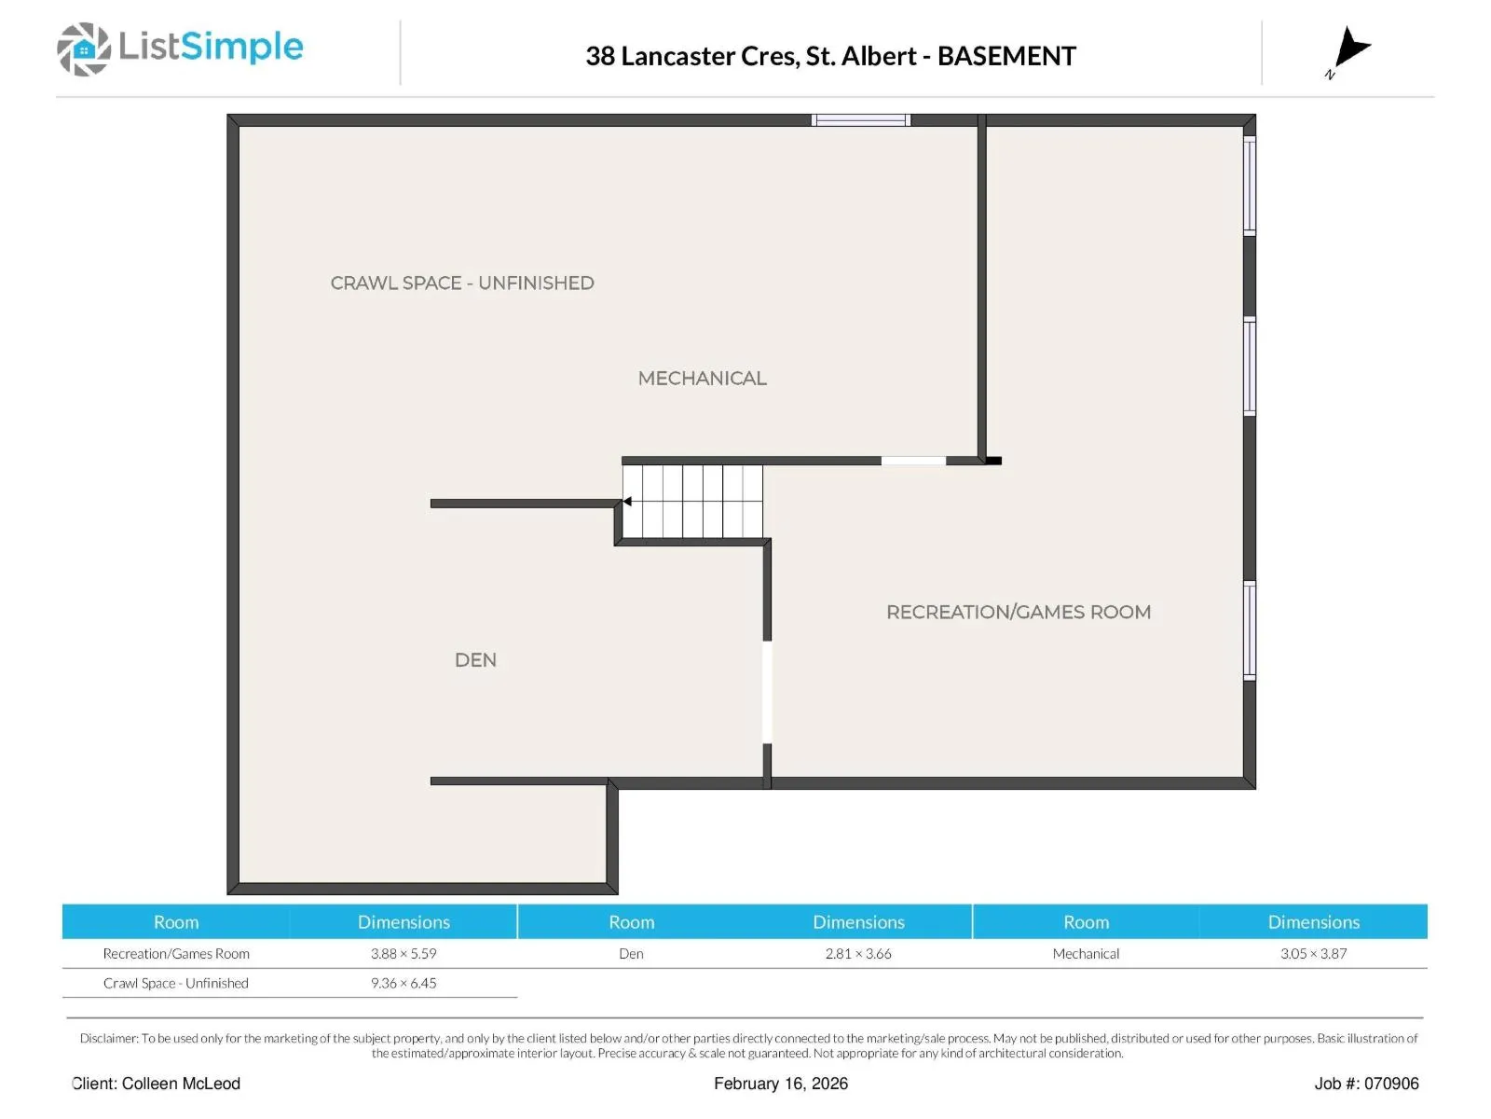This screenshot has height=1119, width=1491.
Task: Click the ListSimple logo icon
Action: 84,48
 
